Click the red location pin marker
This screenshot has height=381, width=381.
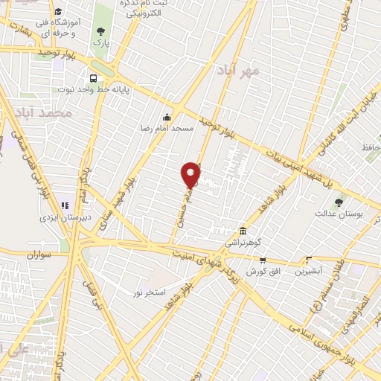tap(191, 174)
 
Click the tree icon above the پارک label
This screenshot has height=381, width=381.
tap(100, 32)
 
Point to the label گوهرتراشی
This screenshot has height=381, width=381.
tap(243, 243)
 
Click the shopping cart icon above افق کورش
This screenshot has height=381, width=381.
tap(263, 260)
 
